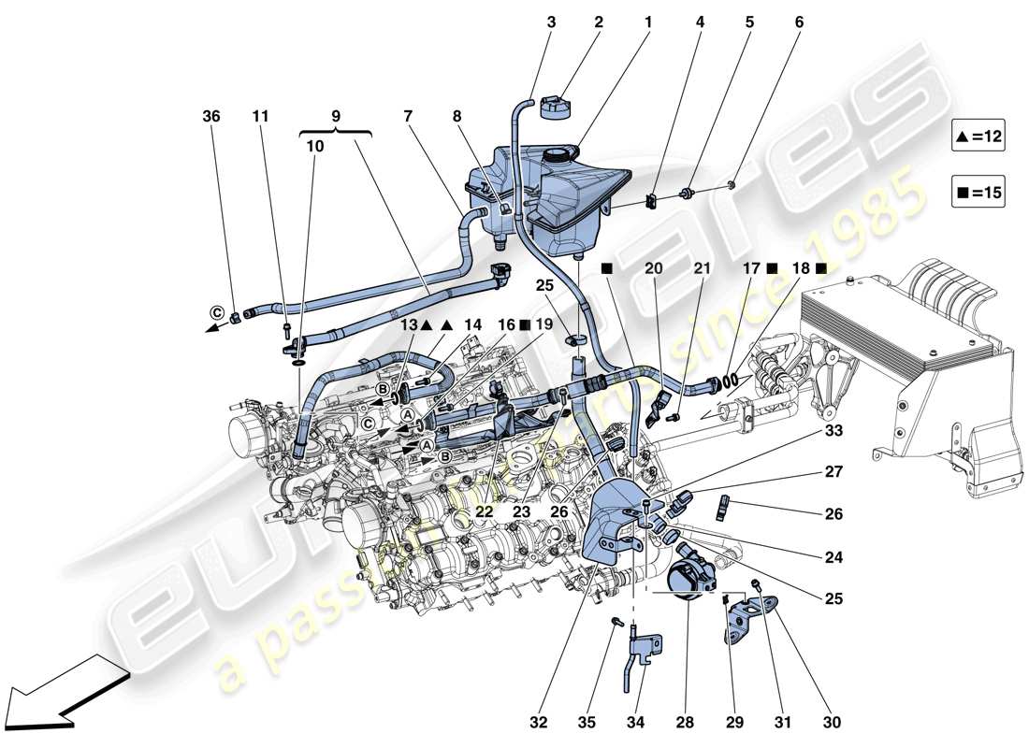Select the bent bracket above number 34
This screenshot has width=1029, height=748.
646,654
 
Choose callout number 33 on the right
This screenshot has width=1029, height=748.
833,432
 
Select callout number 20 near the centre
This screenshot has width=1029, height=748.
654,268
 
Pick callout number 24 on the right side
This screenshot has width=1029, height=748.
833,557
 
